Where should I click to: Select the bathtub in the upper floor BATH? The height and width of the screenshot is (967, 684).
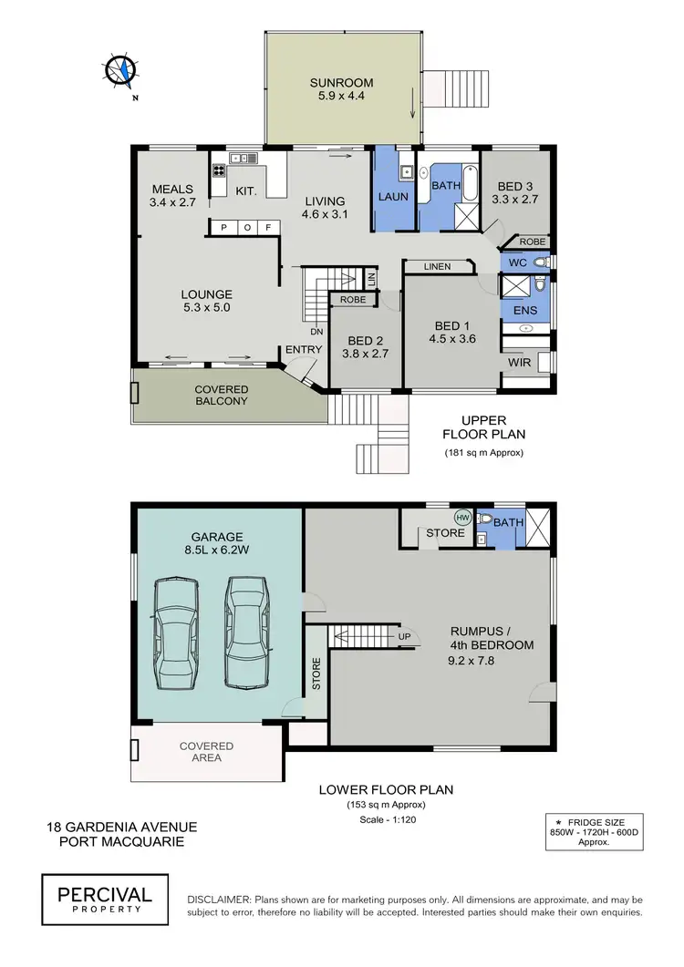pyautogui.click(x=470, y=181)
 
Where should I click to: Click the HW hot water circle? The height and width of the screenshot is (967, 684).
pyautogui.click(x=462, y=517)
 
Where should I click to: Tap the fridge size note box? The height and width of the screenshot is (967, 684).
pyautogui.click(x=594, y=830)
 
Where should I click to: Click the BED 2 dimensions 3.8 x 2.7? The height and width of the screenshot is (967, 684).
pyautogui.click(x=365, y=353)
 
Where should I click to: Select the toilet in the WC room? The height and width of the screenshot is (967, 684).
pyautogui.click(x=541, y=262)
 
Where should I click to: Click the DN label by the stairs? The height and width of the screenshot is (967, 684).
pyautogui.click(x=316, y=332)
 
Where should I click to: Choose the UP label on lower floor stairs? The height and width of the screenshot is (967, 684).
pyautogui.click(x=402, y=635)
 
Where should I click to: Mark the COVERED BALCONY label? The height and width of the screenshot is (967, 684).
pyautogui.click(x=222, y=396)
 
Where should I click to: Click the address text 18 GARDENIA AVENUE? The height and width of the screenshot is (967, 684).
pyautogui.click(x=121, y=827)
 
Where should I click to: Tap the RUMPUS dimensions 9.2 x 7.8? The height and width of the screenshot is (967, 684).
pyautogui.click(x=491, y=663)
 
